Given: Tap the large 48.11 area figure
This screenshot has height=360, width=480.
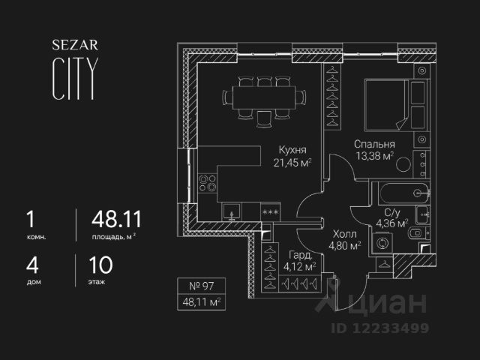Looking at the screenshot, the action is (x=116, y=220).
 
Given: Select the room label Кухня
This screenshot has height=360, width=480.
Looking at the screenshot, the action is (x=291, y=148).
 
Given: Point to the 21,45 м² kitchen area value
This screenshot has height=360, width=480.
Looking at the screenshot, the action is (x=292, y=162).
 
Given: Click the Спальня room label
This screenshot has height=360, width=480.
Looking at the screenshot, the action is (x=374, y=144).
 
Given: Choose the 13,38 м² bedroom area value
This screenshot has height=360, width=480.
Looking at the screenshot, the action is (x=375, y=157).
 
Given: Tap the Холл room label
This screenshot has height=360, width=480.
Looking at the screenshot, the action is (x=345, y=232).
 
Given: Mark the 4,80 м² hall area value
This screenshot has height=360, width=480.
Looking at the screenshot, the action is (x=345, y=244).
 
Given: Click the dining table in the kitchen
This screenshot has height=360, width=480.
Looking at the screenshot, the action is (x=265, y=97).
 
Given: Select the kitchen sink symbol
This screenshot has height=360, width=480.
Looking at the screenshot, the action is (x=232, y=212).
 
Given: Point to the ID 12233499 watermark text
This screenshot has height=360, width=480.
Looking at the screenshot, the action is (x=378, y=328).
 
